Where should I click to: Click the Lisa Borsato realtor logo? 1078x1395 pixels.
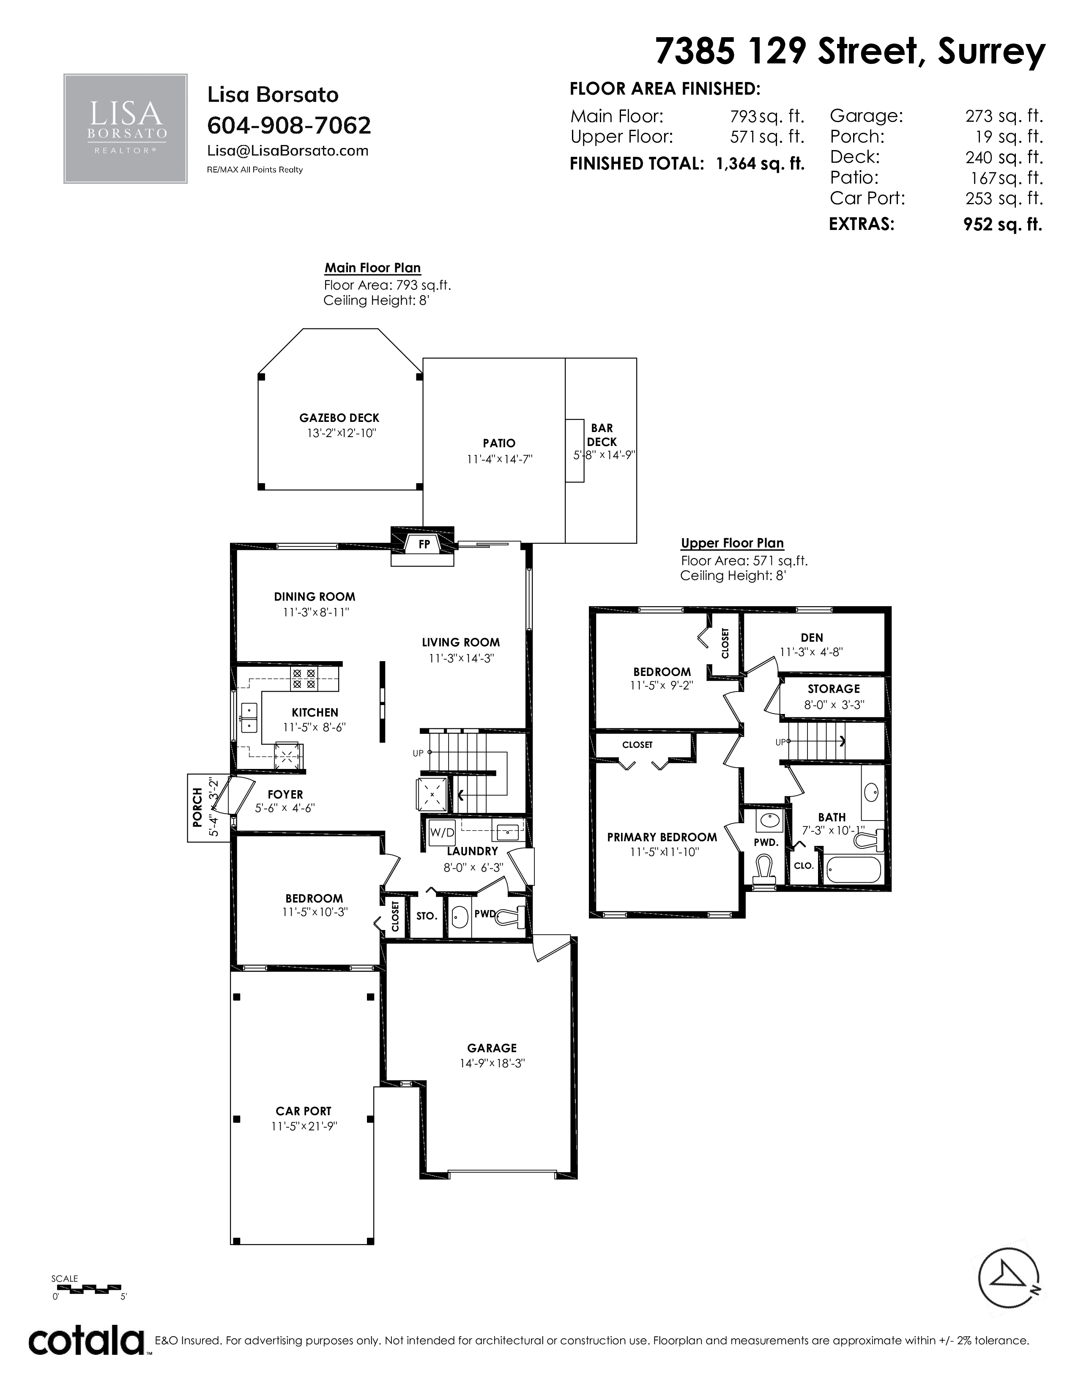125,129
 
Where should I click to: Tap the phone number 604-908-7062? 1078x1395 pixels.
289,125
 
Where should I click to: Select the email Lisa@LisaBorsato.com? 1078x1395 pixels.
288,151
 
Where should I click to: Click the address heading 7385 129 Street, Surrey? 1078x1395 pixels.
850,51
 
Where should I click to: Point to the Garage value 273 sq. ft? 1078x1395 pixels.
1004,116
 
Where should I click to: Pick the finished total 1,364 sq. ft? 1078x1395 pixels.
760,164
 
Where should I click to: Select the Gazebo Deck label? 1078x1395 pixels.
339,418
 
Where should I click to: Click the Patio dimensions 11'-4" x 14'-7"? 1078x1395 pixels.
499,459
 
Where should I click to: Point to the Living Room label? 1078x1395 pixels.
460,643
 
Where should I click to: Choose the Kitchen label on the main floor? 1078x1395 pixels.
315,712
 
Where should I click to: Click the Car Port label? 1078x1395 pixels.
304,1111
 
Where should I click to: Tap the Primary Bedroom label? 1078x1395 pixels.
662,837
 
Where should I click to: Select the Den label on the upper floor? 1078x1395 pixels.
812,637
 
